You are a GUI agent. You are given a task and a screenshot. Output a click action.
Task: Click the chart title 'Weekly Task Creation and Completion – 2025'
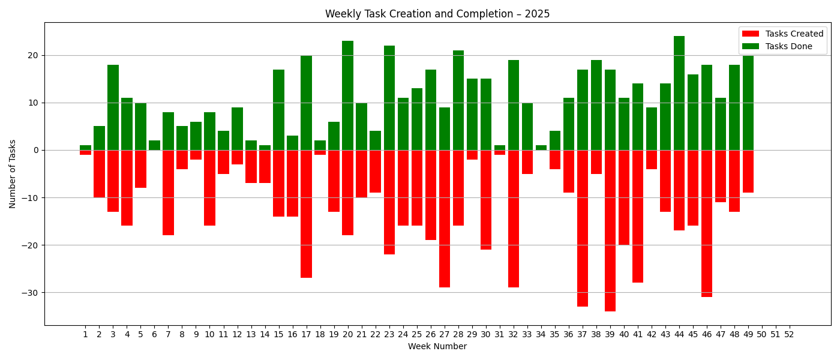(x=437, y=14)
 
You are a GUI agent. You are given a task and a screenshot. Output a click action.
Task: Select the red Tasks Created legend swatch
(x=750, y=34)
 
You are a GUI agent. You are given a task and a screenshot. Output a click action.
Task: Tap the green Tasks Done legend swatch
(x=750, y=47)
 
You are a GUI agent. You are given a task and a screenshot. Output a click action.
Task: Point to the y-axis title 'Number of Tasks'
(x=13, y=174)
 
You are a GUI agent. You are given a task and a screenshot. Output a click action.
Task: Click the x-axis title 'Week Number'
(x=437, y=346)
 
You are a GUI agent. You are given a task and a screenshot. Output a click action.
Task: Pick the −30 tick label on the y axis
(x=29, y=293)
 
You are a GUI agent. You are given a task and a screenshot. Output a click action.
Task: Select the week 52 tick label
(x=789, y=334)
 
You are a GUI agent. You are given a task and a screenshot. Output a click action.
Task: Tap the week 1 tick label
(x=85, y=334)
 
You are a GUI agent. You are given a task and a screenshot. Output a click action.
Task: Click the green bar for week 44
(x=679, y=93)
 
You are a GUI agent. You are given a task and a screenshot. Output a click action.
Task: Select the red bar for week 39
(x=610, y=230)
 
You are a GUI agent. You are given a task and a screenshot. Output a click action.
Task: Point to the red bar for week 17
(x=306, y=214)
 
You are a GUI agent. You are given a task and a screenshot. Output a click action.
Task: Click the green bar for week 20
(x=347, y=95)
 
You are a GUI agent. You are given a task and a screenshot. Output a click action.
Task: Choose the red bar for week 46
(x=707, y=223)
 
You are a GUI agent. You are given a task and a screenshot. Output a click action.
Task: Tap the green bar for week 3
(x=113, y=107)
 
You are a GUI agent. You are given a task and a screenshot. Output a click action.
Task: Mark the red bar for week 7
(x=168, y=193)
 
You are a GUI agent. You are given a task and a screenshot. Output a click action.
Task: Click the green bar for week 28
(x=458, y=100)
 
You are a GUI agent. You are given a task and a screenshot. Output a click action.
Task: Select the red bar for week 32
(x=514, y=218)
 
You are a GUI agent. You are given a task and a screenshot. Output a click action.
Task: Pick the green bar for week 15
(x=278, y=110)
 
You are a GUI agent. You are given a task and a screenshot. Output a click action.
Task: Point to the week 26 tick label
(x=431, y=334)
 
